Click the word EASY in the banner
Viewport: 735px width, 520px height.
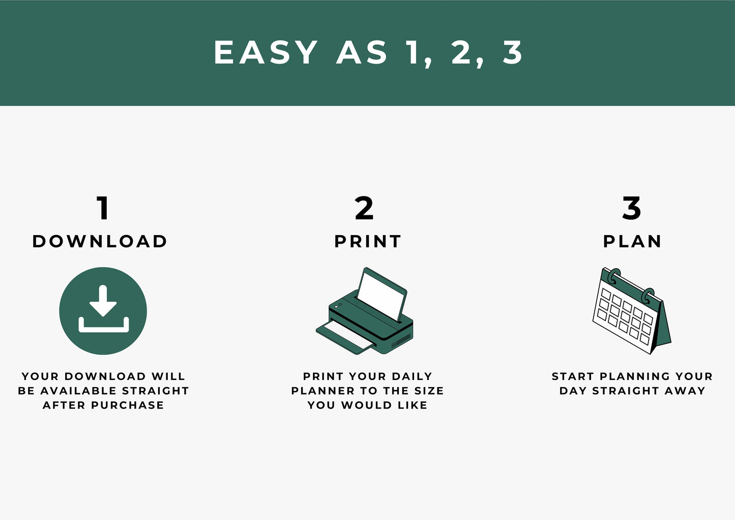tap(266, 52)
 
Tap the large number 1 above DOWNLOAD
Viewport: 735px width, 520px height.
tap(103, 208)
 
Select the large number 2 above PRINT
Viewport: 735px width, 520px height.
tap(364, 208)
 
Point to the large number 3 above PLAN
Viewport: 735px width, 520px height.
tap(632, 208)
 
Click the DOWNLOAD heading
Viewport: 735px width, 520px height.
tap(100, 241)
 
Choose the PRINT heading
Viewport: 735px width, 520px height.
tap(367, 241)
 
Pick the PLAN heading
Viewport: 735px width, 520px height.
tap(632, 241)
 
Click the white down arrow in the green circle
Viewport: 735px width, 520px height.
tap(103, 300)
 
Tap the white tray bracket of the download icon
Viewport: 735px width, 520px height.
tap(104, 325)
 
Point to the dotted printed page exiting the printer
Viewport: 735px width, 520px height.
tap(348, 335)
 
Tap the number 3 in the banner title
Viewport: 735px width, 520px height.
tap(512, 52)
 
